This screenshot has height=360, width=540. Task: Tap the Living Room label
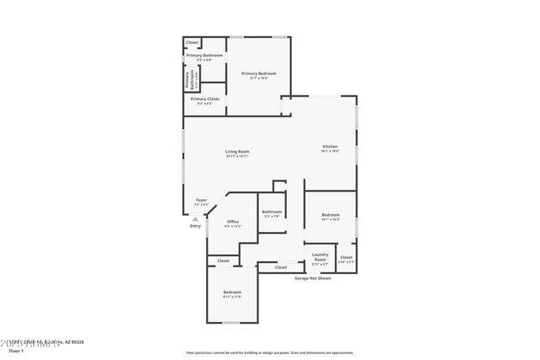point(237,152)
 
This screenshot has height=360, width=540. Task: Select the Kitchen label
point(330,147)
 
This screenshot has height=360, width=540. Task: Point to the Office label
point(233,222)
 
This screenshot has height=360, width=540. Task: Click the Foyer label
point(201,200)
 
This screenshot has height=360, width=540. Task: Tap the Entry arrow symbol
point(196,218)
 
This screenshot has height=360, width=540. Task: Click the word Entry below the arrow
point(196,226)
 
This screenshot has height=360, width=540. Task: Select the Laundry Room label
point(320,256)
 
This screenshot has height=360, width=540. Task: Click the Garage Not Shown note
point(312,277)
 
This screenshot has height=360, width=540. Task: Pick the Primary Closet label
point(204,99)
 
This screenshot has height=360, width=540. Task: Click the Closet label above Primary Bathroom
point(192,42)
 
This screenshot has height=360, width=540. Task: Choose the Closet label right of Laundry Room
point(346,257)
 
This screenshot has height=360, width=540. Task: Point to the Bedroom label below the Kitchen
point(331,215)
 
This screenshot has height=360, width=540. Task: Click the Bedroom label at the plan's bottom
point(232,292)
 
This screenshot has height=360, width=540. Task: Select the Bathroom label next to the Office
point(272,212)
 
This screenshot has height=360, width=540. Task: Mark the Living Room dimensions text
point(237,156)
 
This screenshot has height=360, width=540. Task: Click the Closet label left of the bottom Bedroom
point(224,261)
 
